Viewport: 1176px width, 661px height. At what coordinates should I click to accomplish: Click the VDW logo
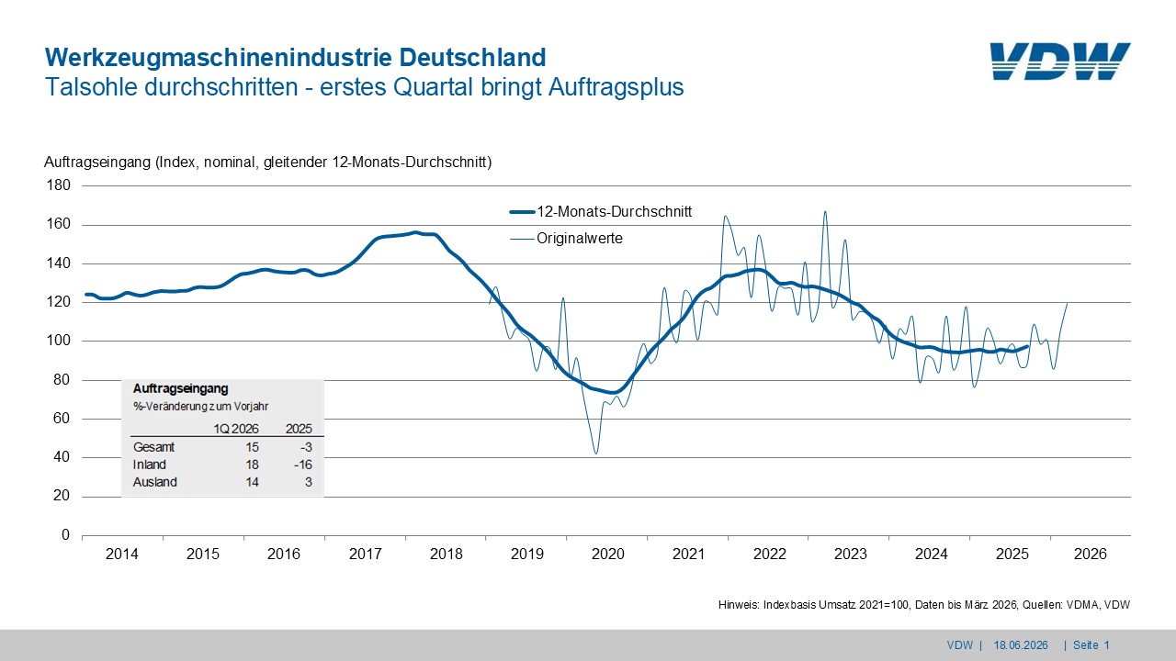tap(1060, 62)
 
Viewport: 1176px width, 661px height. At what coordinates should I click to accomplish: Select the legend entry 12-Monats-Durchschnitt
tap(601, 211)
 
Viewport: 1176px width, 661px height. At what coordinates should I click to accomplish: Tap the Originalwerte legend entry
tap(567, 238)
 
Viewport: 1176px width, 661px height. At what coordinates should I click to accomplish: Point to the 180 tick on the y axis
tap(58, 185)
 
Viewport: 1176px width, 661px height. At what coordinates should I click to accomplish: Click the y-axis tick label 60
tap(62, 418)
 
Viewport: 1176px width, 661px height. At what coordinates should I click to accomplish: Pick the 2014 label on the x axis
tap(122, 554)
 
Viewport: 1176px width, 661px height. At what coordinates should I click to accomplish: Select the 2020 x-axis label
tap(608, 554)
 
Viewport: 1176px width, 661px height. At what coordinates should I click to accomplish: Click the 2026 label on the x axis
tap(1090, 554)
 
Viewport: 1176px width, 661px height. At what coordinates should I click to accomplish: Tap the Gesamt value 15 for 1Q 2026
tap(252, 447)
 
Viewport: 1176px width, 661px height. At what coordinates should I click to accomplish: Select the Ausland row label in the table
tap(155, 482)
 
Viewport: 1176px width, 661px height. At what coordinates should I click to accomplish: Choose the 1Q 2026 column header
tap(236, 429)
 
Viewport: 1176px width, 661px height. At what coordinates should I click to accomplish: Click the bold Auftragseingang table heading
tap(181, 388)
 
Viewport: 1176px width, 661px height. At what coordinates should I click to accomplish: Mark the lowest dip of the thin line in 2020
tap(596, 454)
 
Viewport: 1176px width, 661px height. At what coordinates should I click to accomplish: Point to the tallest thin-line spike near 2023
tap(825, 212)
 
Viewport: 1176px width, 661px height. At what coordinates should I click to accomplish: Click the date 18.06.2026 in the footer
tap(1021, 645)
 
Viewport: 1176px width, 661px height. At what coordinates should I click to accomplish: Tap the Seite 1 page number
tap(1091, 645)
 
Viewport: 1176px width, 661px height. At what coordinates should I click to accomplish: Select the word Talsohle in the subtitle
tap(92, 87)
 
